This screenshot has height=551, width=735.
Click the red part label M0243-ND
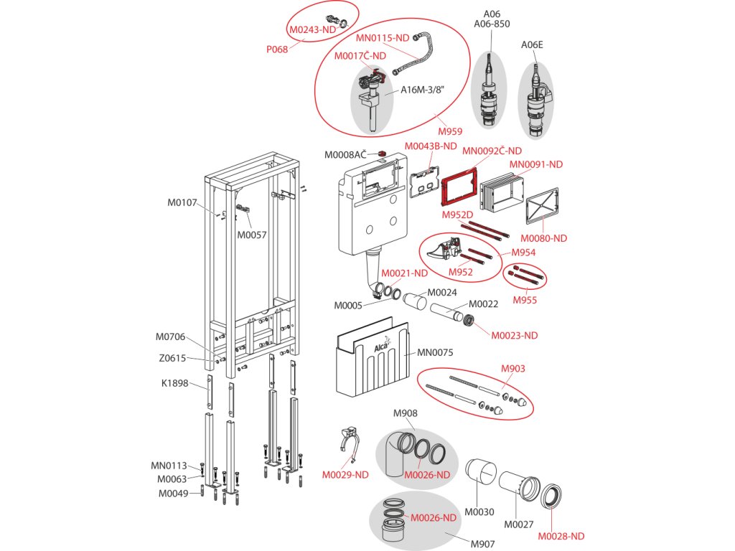click(x=312, y=30)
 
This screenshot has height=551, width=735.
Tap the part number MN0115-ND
click(x=382, y=38)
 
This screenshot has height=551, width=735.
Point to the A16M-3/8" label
click(x=423, y=90)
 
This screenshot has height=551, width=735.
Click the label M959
click(x=450, y=131)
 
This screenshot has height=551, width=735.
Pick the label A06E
click(x=532, y=44)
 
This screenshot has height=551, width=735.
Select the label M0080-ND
click(x=543, y=238)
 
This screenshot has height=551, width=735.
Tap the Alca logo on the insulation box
click(x=383, y=347)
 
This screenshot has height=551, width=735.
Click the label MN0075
click(x=436, y=352)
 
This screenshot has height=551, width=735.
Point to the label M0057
click(x=252, y=235)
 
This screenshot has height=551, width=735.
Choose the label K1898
click(x=174, y=383)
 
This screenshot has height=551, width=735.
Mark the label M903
click(x=512, y=369)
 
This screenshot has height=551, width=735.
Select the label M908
click(x=405, y=413)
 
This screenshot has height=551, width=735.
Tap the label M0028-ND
click(x=561, y=535)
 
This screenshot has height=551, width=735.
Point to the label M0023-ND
click(x=513, y=335)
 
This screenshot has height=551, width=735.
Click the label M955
click(x=524, y=300)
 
